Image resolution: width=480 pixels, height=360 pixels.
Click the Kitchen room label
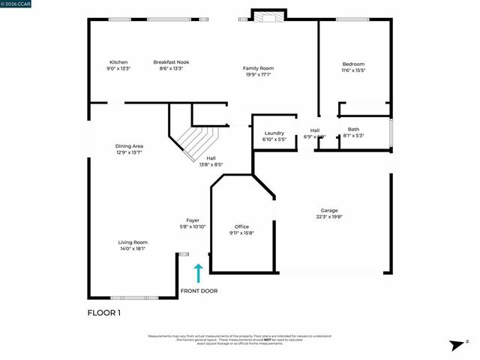click(118, 62)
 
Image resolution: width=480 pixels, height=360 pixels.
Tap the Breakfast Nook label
click(169, 62)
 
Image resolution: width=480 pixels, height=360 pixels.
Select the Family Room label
click(258, 68)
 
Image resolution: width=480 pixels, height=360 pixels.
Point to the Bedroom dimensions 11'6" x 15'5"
click(353, 70)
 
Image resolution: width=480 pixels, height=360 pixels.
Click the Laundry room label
click(274, 133)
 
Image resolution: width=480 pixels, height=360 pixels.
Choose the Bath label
click(353, 130)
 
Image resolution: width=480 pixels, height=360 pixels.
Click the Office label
click(241, 226)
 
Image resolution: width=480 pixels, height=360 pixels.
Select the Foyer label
click(193, 220)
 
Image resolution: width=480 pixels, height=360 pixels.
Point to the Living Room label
click(132, 242)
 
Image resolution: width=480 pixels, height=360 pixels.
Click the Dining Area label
click(129, 145)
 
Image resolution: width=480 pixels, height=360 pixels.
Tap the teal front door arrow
click(199, 271)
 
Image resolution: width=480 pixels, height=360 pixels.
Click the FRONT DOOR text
click(199, 291)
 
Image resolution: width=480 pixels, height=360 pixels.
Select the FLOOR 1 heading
click(104, 311)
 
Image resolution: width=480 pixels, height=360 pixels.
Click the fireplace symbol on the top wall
click(268, 17)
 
